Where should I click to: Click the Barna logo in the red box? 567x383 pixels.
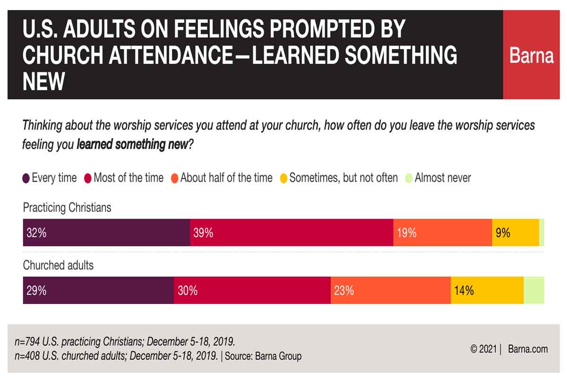point(532,56)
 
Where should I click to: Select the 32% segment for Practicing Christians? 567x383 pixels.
point(106,233)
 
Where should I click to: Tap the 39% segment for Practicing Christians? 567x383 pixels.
point(292,233)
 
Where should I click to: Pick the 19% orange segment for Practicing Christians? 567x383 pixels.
point(442,233)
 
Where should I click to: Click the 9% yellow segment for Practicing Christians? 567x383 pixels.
point(515,233)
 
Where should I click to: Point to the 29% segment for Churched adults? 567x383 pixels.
point(98,290)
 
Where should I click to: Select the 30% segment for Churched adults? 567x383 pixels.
point(252,290)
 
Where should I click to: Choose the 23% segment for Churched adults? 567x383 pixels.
point(390,290)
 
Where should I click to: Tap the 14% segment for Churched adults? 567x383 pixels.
point(487,290)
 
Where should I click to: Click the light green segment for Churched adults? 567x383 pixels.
point(534,290)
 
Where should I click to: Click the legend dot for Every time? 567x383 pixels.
point(26,179)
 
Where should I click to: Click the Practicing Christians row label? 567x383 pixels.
point(67,208)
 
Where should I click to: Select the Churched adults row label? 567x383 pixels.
point(58,265)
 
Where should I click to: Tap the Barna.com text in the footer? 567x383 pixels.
point(528,349)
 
